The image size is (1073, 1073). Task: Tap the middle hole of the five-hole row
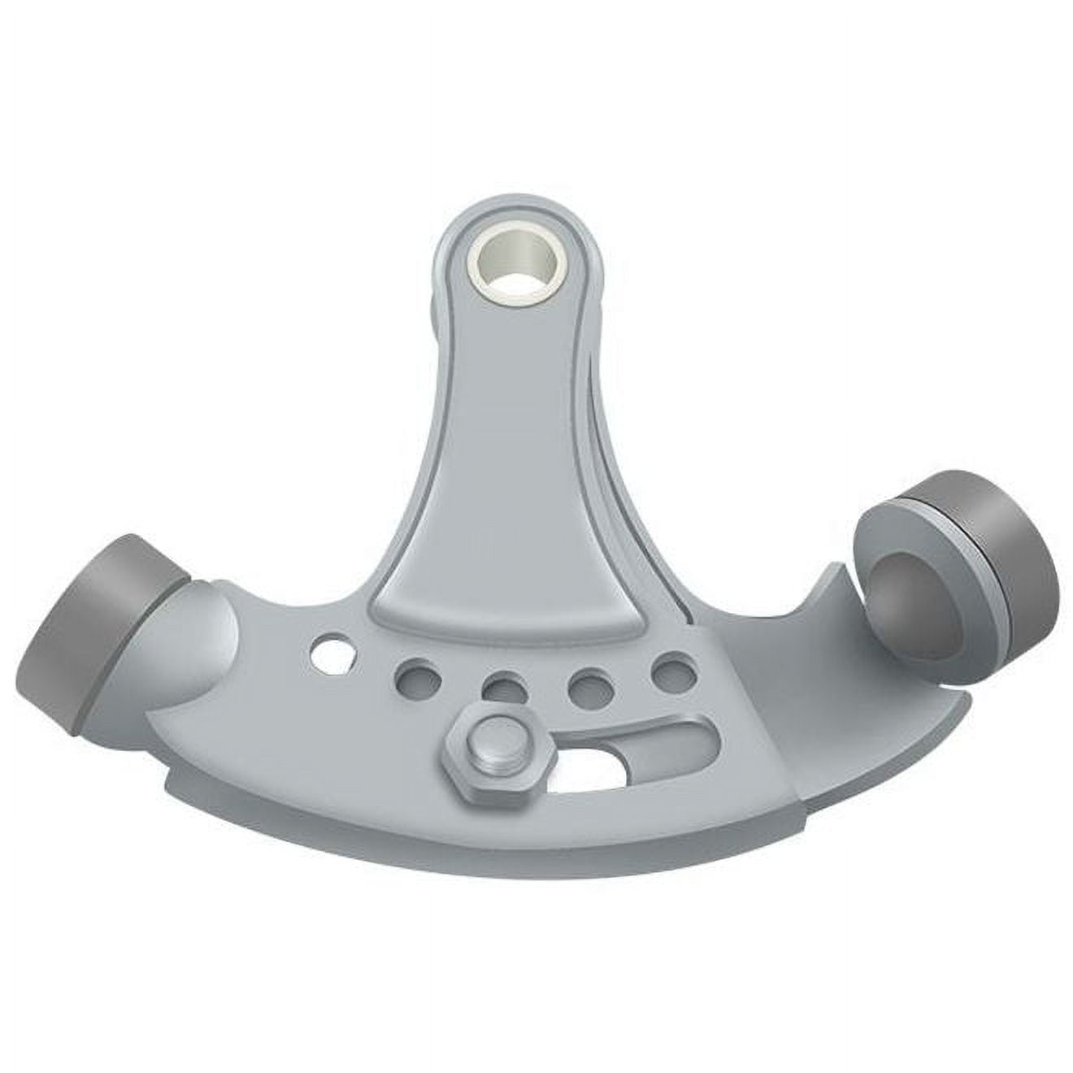502,688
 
